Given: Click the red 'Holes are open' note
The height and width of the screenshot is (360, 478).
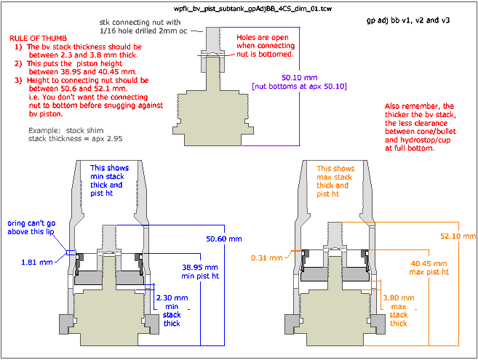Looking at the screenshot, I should coord(265,37).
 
